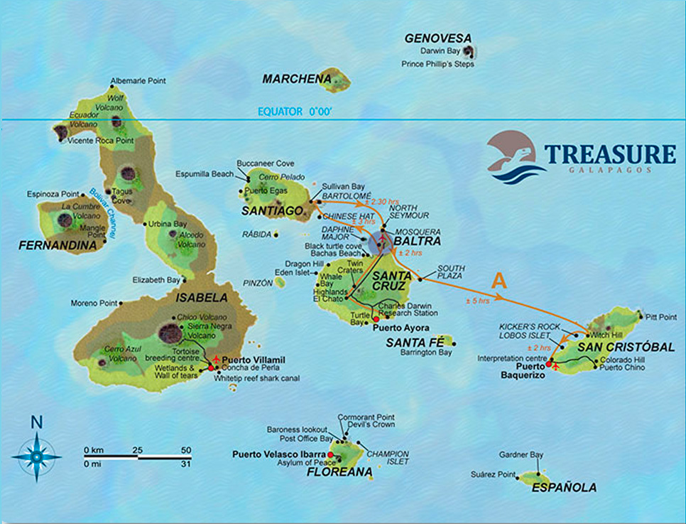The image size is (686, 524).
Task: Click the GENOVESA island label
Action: [438, 38]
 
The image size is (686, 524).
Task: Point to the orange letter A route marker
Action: [499, 281]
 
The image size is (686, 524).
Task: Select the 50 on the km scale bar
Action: [186, 451]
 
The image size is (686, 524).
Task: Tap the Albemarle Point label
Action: [138, 81]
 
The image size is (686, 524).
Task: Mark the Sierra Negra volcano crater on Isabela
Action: [169, 332]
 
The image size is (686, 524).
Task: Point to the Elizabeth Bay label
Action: [156, 280]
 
